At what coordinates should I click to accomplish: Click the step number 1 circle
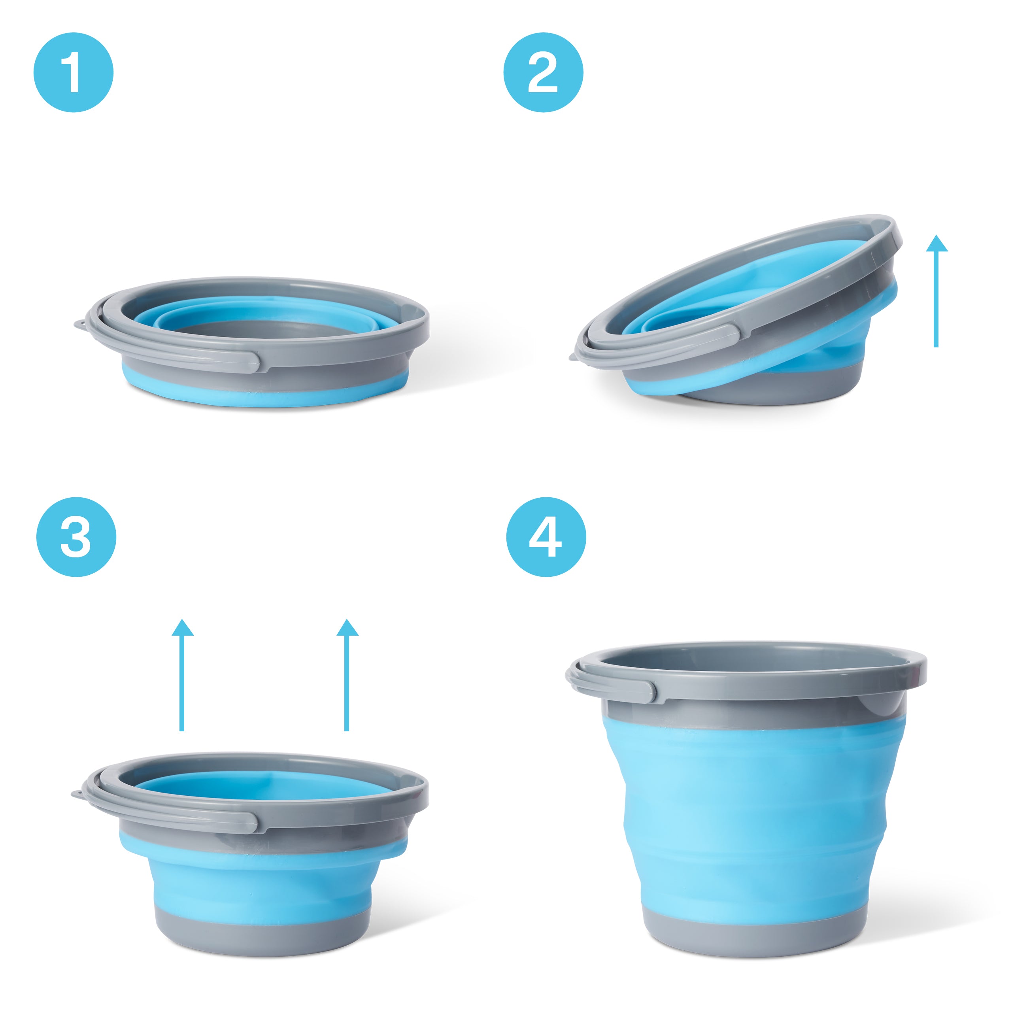[x=74, y=73]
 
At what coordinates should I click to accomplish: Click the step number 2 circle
[x=543, y=73]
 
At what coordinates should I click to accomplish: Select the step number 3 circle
[x=76, y=537]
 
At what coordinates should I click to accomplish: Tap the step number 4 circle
[x=546, y=537]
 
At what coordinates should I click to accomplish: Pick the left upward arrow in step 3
[x=182, y=675]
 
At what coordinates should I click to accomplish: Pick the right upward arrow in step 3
[x=347, y=675]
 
